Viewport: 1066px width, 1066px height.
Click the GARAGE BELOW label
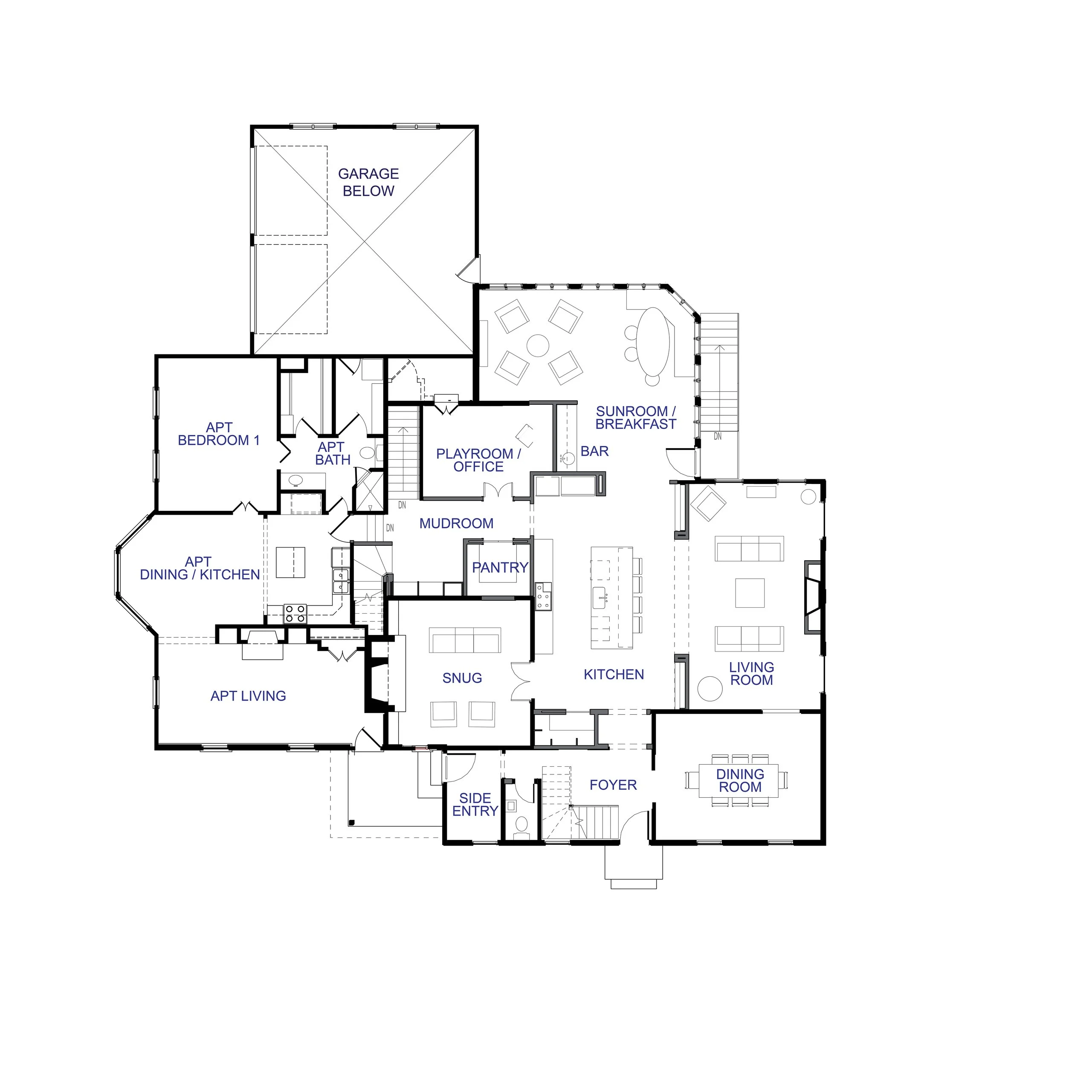pyautogui.click(x=368, y=182)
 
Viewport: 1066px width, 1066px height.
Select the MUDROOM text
pyautogui.click(x=456, y=524)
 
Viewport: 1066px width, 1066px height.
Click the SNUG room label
pyautogui.click(x=462, y=678)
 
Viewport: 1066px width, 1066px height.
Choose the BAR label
pyautogui.click(x=595, y=451)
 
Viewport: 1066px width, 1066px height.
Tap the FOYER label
pyautogui.click(x=613, y=785)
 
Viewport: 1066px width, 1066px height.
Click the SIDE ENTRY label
pyautogui.click(x=475, y=805)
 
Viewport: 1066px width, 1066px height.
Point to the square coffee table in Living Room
pyautogui.click(x=750, y=593)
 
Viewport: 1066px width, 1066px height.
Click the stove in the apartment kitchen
pyautogui.click(x=295, y=614)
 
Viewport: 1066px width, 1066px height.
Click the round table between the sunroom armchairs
pyautogui.click(x=538, y=346)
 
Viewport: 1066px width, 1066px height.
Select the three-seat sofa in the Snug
pyautogui.click(x=465, y=640)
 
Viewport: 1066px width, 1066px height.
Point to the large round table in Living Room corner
pyautogui.click(x=710, y=689)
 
